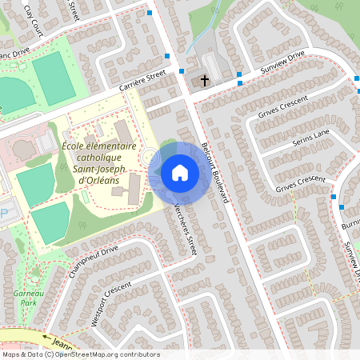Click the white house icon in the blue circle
click(x=180, y=173)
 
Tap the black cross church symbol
click(x=205, y=81)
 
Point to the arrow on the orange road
click(x=46, y=340)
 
